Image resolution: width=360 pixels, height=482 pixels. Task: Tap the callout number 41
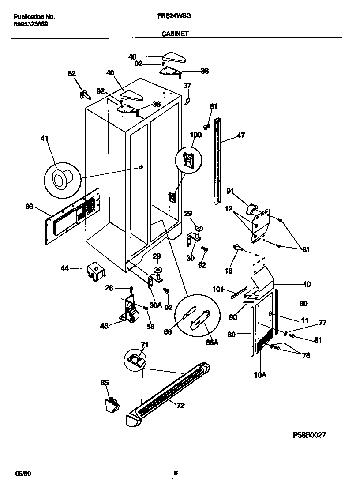(44, 139)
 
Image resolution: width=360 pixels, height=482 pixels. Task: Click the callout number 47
(241, 136)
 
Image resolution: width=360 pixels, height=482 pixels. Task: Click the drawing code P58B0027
(309, 435)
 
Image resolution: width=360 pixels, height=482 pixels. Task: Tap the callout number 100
(195, 135)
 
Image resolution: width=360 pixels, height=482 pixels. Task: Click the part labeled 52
(84, 94)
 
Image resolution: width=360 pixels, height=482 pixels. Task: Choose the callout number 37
(187, 85)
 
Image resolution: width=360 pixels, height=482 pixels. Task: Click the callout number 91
(230, 191)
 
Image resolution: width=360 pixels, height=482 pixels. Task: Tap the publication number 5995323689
(31, 24)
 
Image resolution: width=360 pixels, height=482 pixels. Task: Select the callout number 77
(322, 323)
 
